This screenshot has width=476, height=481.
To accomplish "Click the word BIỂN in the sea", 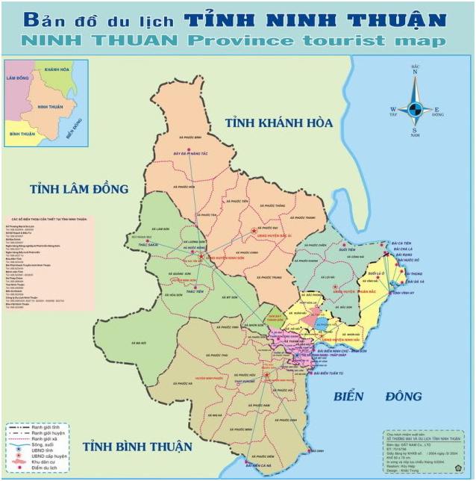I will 352,396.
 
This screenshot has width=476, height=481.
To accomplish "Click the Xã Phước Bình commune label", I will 192,137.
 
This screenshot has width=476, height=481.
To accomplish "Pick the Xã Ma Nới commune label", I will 139,343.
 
